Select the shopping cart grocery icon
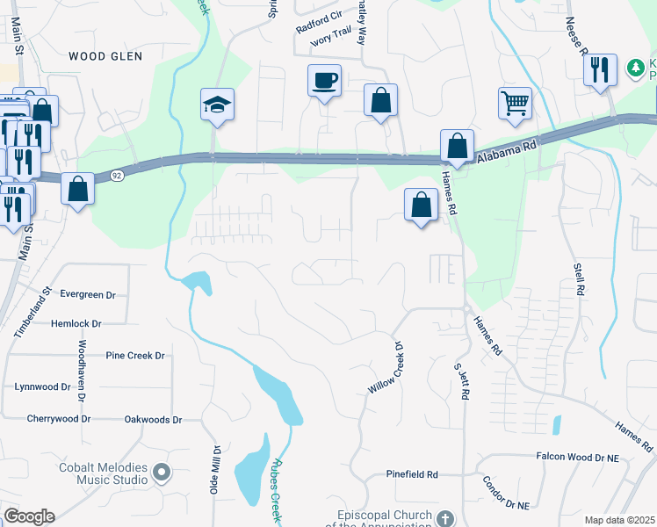tap(515, 103)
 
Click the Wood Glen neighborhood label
tap(105, 56)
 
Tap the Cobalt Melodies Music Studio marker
tap(161, 473)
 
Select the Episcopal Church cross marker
tap(445, 518)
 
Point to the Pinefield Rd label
tap(412, 474)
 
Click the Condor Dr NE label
tap(506, 494)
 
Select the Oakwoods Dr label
tap(153, 420)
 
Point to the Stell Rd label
tap(578, 276)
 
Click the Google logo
tap(29, 516)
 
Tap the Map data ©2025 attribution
tap(619, 520)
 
